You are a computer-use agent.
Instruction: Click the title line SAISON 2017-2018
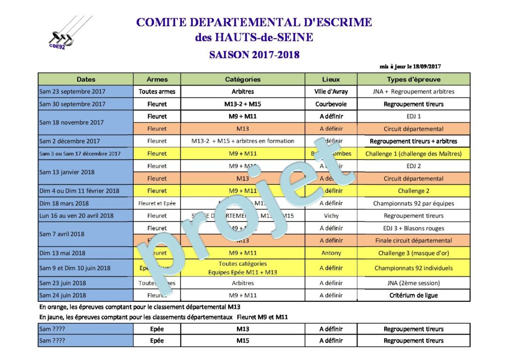click(x=254, y=55)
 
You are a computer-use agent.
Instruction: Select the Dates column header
click(x=86, y=79)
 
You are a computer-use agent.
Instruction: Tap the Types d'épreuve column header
click(x=414, y=79)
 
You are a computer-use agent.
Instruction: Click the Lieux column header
click(x=331, y=79)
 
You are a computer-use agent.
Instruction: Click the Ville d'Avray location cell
click(x=331, y=91)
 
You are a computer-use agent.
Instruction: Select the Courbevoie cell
click(x=331, y=104)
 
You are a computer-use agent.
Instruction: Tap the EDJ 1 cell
click(x=414, y=116)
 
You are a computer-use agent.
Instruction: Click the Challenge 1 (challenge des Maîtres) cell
click(x=414, y=154)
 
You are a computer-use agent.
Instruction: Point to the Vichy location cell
click(x=331, y=216)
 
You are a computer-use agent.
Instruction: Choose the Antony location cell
click(x=331, y=253)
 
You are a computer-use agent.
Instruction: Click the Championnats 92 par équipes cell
click(x=414, y=203)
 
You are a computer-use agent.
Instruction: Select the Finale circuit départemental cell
click(x=414, y=241)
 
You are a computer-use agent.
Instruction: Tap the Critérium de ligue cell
click(x=414, y=295)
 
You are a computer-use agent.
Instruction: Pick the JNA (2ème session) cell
click(x=414, y=283)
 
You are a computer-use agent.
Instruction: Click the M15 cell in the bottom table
click(x=243, y=341)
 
